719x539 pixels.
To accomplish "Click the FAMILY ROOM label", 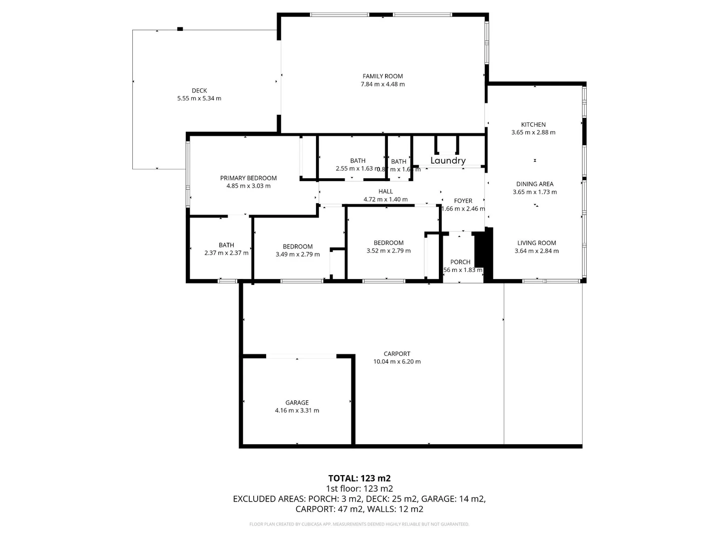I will click(382, 76).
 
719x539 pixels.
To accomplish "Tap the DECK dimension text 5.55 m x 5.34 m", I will click(199, 99).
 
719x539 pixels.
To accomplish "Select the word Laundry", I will click(448, 161).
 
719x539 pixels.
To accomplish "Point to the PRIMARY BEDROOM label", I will click(248, 178).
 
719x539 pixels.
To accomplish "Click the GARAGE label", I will click(297, 403).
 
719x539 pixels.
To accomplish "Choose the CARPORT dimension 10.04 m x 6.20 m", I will click(397, 362).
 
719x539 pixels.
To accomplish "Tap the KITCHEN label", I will click(533, 125).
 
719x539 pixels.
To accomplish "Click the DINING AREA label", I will click(535, 184).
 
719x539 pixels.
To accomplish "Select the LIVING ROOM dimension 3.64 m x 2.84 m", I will click(537, 251).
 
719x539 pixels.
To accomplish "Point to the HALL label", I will click(385, 192).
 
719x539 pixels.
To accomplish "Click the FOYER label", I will click(463, 201).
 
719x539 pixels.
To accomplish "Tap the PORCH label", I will click(460, 262).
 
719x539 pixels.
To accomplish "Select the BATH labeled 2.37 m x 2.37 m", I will click(226, 245).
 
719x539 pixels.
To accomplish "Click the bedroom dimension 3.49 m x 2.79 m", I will click(298, 255).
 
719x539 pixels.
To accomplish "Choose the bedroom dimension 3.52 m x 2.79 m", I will click(388, 251).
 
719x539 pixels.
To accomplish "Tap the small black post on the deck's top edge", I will click(180, 29).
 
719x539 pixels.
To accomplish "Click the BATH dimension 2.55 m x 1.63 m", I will click(357, 169).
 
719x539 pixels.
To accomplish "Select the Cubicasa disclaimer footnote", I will click(359, 524).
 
